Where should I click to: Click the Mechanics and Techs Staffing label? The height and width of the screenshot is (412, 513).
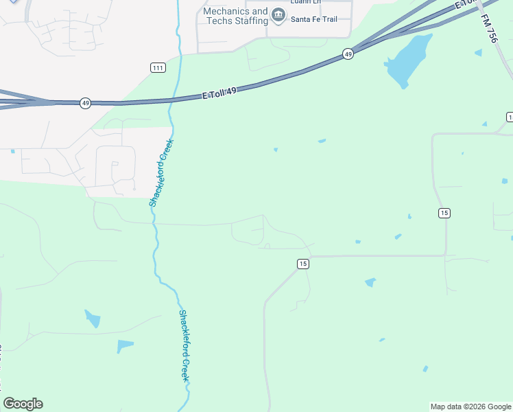[x=235, y=16]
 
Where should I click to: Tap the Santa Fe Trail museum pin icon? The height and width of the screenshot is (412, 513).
[x=278, y=15]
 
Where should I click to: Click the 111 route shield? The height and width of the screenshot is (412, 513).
[x=158, y=67]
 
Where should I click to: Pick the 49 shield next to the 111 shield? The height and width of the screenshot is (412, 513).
[x=85, y=103]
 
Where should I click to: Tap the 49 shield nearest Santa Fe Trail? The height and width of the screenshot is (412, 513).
[x=348, y=54]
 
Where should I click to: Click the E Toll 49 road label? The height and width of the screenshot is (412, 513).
[x=219, y=92]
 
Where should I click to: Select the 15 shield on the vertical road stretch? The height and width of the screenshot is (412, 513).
[x=444, y=214]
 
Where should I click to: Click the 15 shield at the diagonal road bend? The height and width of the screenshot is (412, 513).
[x=303, y=264]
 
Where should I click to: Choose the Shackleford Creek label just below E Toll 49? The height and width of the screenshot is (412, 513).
[x=162, y=173]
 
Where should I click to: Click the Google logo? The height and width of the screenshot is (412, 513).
[x=23, y=404]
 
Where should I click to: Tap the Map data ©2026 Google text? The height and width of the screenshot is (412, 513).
[x=470, y=407]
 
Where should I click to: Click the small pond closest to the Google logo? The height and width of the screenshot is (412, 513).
[x=124, y=345]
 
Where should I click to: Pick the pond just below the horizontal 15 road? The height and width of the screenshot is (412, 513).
[x=370, y=282]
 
